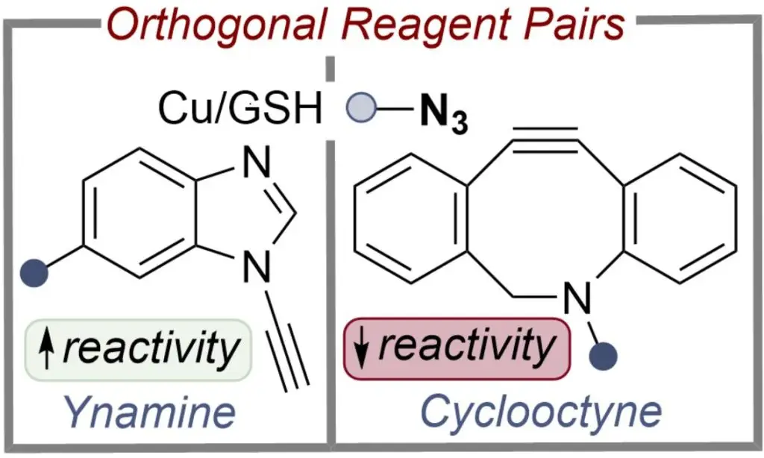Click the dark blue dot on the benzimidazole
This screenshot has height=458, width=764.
[x=34, y=271]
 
